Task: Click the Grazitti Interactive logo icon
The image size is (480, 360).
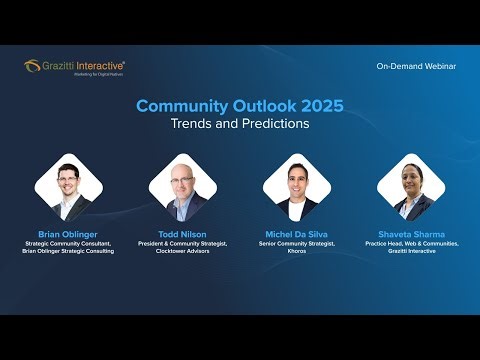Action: click(x=32, y=66)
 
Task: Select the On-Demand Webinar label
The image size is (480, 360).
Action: click(x=416, y=66)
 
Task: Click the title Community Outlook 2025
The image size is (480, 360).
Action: click(x=239, y=105)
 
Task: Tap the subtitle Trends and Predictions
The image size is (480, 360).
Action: click(x=239, y=124)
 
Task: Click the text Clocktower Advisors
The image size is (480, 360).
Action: click(x=183, y=251)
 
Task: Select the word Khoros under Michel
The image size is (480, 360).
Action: click(x=297, y=251)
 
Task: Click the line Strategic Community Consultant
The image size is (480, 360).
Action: click(x=69, y=243)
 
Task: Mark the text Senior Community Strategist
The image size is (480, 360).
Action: click(x=297, y=243)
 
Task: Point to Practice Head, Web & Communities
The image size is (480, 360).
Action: click(x=411, y=243)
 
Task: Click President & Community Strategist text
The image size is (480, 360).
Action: click(x=183, y=243)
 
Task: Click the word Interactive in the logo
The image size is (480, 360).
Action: click(x=101, y=65)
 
